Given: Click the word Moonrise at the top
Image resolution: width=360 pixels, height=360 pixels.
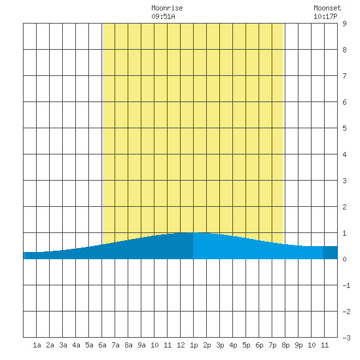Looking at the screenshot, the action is pos(167,8).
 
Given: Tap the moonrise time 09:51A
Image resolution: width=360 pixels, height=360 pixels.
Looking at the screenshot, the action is pos(163,16).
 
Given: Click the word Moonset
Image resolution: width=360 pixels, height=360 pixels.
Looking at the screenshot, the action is pos(327,8).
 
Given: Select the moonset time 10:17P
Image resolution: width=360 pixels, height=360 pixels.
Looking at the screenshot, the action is pos(325,16).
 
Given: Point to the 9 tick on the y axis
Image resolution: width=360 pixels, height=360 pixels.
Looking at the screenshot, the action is pos(344,24).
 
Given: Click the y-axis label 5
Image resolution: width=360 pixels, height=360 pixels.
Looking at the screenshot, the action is pos(344,128).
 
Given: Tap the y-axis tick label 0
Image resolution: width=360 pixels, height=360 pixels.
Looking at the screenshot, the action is pos(344,259).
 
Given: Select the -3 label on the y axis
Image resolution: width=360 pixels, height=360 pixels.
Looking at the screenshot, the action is pos(346,338).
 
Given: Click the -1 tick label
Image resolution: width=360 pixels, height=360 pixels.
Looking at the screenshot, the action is pos(346,285).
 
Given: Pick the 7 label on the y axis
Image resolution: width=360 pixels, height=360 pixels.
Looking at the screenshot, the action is pos(344,76).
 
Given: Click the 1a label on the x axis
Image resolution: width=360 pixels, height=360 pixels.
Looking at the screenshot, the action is pos(37,345).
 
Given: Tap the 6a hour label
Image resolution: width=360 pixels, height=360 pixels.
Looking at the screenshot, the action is pos(102,345).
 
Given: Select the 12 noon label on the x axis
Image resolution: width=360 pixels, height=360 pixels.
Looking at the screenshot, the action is pos(181,345).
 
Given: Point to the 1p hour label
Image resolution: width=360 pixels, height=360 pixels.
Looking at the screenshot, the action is pos(194,345).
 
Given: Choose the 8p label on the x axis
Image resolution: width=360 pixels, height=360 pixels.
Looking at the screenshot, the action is pos(285,345).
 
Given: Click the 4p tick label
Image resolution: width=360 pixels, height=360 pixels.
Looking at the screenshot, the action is pos(233,345).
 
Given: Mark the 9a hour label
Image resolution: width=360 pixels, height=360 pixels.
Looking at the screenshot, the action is pos(141,345).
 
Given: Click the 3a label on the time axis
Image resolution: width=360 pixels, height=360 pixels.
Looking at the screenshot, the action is pos(63,345).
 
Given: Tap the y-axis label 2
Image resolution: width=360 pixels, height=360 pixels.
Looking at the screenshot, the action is pos(344,207).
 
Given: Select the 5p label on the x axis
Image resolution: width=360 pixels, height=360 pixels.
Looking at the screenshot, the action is pos(246,345).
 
